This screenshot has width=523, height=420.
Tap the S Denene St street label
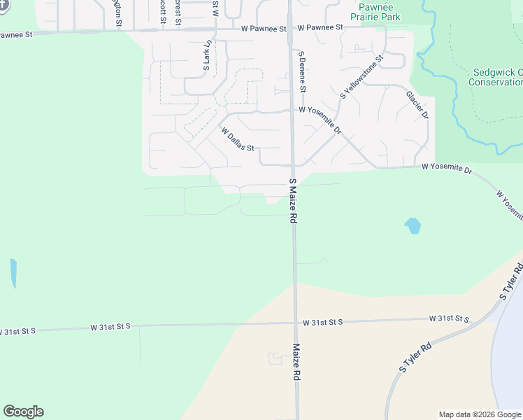pyautogui.click(x=302, y=71)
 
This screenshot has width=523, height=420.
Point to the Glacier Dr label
pyautogui.click(x=417, y=104)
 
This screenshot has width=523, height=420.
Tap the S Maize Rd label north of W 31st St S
pyautogui.click(x=294, y=201)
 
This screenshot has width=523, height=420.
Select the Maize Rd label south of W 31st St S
pyautogui.click(x=296, y=362)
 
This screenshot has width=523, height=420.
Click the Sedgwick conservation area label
pyautogui.click(x=496, y=77)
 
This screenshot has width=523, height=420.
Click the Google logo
pyautogui.click(x=23, y=412)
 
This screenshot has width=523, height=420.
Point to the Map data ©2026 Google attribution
pyautogui.click(x=480, y=414)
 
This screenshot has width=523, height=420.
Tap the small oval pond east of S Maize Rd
pyautogui.click(x=413, y=225)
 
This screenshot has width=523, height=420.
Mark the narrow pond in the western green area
pyautogui.click(x=13, y=273)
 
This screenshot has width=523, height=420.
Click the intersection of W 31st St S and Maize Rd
pyautogui.click(x=295, y=323)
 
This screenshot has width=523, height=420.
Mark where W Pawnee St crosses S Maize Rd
pyautogui.click(x=289, y=29)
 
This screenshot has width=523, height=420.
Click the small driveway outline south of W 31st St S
pyautogui.click(x=275, y=358)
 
